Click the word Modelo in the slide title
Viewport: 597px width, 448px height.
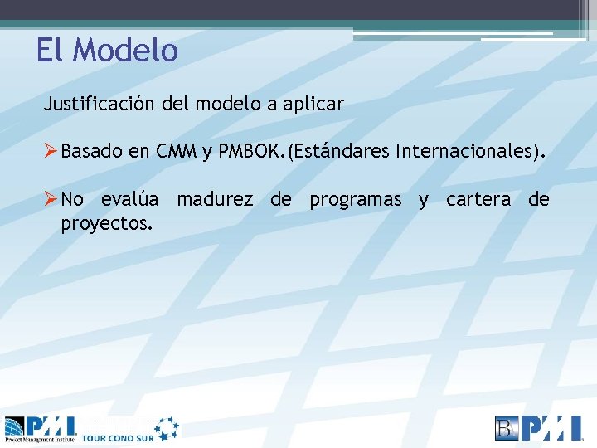click(x=125, y=51)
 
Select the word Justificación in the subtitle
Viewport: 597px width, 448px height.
click(x=98, y=105)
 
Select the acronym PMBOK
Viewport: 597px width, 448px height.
click(x=250, y=152)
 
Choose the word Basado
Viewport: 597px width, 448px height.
click(x=92, y=152)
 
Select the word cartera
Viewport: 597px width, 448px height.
click(x=478, y=200)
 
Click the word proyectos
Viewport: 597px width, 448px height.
click(x=106, y=223)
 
